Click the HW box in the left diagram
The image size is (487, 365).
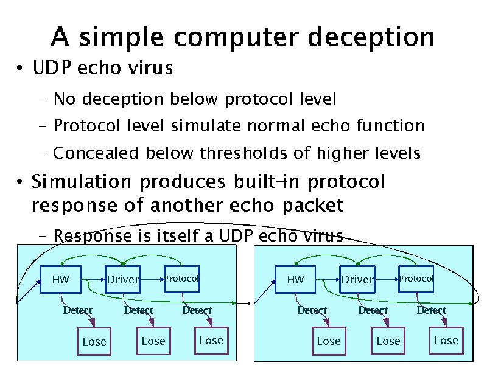(60, 280)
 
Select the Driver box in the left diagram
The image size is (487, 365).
(123, 280)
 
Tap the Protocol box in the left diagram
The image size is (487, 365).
(181, 279)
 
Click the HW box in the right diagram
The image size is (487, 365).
(295, 280)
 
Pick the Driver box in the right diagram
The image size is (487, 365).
(357, 280)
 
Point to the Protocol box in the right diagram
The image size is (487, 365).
(416, 279)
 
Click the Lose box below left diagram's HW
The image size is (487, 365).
(94, 341)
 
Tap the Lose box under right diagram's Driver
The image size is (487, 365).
(388, 341)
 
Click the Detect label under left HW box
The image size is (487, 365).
(77, 310)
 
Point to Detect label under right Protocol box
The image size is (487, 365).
(431, 310)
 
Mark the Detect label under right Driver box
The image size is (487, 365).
(373, 310)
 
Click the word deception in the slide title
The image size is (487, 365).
(371, 37)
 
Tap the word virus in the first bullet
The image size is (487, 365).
(150, 68)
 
